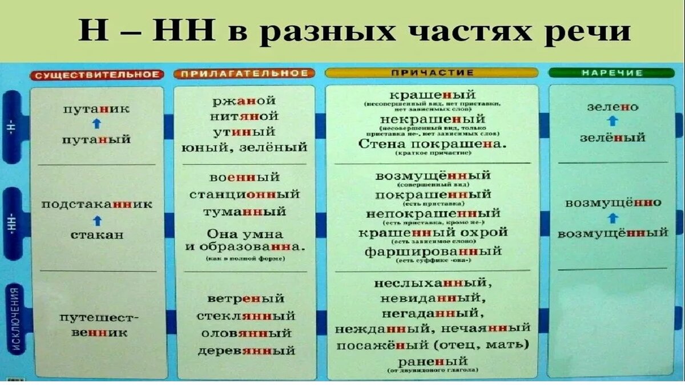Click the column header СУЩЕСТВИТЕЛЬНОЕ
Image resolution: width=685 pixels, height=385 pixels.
[x=96, y=75]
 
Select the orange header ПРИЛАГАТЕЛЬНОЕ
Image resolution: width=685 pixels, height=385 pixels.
[x=244, y=74]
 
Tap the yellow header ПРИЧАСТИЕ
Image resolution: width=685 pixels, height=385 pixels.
[x=431, y=73]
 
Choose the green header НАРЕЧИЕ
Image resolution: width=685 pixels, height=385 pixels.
[x=613, y=73]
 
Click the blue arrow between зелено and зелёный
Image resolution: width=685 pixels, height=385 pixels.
[x=613, y=121]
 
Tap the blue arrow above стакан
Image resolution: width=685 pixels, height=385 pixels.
[x=96, y=220]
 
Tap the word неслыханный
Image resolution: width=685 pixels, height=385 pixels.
[x=433, y=282]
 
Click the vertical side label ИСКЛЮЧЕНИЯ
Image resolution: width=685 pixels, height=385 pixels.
[x=15, y=319]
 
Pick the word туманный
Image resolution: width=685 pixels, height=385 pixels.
[x=244, y=212]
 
